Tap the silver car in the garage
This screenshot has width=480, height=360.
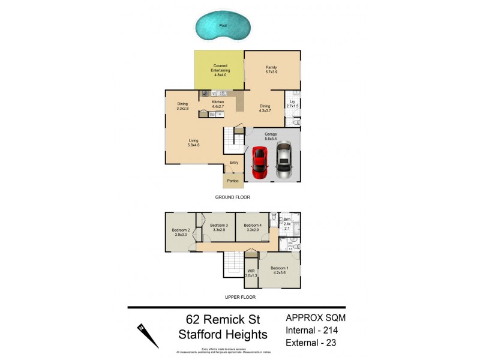[x=284, y=161]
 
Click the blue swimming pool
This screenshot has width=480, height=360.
[x=223, y=27]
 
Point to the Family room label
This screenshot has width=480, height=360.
[x=271, y=70]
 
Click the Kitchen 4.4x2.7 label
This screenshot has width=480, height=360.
[x=218, y=104]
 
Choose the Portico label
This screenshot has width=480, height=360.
[x=232, y=181]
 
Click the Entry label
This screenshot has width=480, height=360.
[x=234, y=163]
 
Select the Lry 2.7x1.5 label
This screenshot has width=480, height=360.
[x=292, y=104]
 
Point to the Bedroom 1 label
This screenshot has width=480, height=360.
[x=279, y=270]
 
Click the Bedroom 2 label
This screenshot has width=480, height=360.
[x=181, y=232]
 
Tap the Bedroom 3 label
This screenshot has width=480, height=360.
[x=218, y=227]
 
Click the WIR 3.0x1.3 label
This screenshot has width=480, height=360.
[x=251, y=274]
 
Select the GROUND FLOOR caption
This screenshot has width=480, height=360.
[x=232, y=197]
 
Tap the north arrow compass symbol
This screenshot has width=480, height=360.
[x=146, y=335]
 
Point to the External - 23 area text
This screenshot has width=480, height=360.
[x=313, y=343]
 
